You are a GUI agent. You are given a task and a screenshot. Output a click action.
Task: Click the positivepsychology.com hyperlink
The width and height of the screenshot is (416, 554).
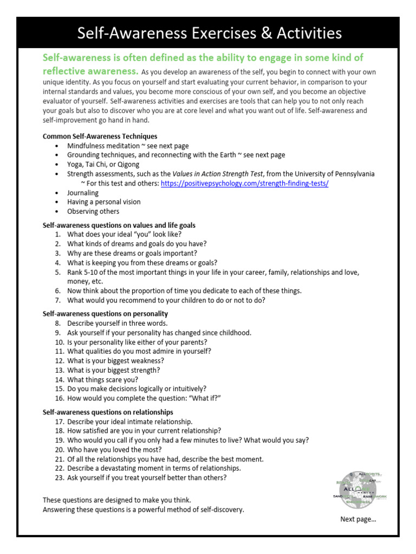pos(245,183)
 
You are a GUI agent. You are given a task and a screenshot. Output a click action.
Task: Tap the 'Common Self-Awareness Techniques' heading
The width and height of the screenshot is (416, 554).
pos(100,136)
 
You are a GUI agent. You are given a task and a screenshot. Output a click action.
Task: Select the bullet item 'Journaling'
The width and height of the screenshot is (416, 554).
pos(83,193)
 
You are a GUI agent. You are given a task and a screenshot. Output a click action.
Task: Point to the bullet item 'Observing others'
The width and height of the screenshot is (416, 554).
pos(93,212)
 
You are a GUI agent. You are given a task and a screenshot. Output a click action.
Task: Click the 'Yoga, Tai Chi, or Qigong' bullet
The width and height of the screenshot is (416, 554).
pos(103,164)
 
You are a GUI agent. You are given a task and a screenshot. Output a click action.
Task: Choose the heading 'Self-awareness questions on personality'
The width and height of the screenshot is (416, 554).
pos(105,314)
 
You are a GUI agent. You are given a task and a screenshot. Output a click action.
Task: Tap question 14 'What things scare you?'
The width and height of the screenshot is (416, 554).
pos(102,379)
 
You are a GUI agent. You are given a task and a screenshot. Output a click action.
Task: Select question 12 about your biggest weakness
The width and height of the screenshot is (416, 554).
pos(115,360)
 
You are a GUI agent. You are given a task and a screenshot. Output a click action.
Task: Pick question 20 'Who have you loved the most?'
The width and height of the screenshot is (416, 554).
pos(114,450)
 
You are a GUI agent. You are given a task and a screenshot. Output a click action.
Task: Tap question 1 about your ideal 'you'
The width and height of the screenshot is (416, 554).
pos(124,234)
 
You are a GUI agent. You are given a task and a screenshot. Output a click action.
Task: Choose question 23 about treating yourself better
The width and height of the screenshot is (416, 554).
pos(147,478)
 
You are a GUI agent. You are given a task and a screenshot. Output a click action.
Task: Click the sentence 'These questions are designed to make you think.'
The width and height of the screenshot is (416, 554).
pos(116,500)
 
